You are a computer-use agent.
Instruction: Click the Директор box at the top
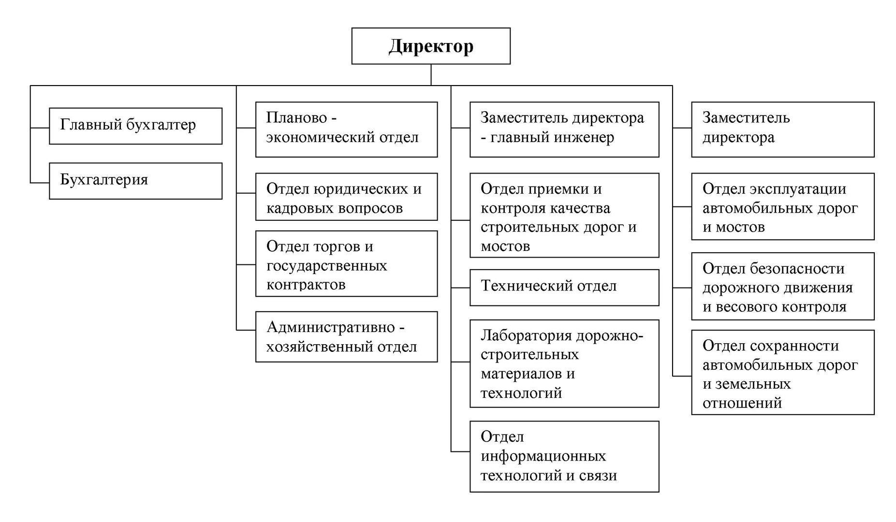click(430, 46)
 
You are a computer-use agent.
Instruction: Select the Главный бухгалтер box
click(135, 126)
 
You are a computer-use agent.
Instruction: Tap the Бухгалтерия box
click(135, 181)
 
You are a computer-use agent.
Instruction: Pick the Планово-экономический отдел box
click(346, 129)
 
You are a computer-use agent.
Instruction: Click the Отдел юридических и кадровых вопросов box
click(346, 197)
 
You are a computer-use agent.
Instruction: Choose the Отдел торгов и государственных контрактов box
click(346, 263)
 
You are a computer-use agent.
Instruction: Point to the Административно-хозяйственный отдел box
click(346, 337)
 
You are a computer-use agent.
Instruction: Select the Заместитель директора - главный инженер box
click(564, 129)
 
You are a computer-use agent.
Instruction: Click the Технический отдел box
click(564, 288)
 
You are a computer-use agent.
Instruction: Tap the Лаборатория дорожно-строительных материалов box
click(564, 363)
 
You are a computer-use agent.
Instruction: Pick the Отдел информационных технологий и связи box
click(564, 456)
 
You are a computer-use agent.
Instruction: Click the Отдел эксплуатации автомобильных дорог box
click(783, 206)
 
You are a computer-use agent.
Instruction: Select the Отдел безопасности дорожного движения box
click(783, 286)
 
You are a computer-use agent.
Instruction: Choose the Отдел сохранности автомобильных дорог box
click(783, 372)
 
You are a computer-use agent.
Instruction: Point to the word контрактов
click(306, 285)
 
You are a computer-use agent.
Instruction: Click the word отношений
click(742, 403)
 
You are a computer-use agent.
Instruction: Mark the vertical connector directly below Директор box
click(431, 75)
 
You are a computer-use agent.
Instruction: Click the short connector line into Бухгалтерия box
click(40, 183)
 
